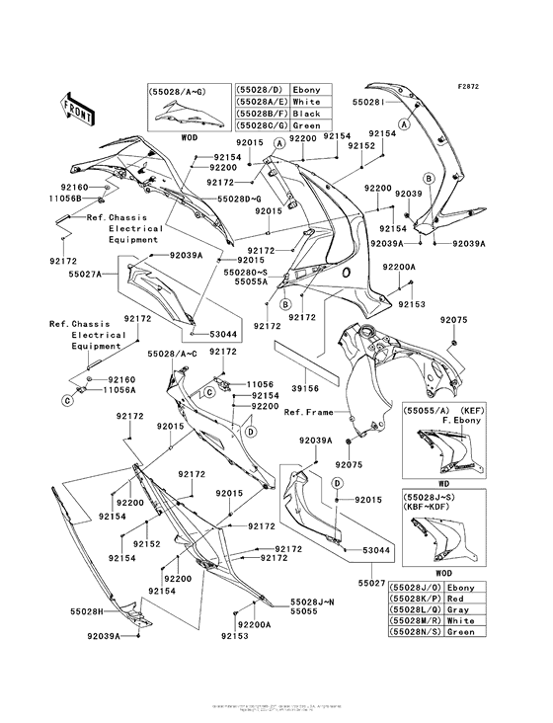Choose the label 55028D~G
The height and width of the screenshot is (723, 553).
(x=240, y=199)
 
